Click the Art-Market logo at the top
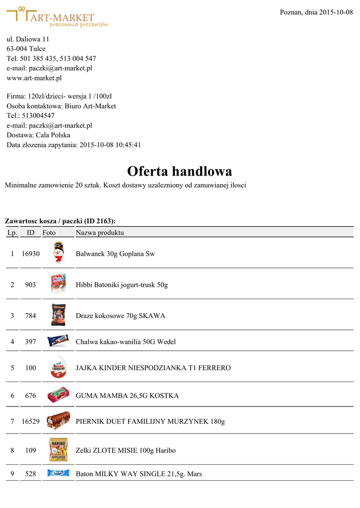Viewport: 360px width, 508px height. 57,17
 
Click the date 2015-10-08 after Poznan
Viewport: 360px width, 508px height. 335,12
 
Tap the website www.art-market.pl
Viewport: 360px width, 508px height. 34,78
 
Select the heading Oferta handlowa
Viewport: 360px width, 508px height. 179,171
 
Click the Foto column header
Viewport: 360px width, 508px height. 49,232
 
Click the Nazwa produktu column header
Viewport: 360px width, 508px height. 100,232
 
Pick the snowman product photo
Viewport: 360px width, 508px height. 58,253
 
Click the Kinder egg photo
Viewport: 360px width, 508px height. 58,368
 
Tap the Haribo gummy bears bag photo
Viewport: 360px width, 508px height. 58,449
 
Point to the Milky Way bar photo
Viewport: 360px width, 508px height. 58,473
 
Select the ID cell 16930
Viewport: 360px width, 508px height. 30,254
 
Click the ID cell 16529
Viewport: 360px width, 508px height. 30,422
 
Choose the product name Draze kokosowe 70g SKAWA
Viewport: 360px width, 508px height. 121,316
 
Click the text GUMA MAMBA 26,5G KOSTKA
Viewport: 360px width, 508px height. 127,396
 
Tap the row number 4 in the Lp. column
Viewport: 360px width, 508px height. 12,342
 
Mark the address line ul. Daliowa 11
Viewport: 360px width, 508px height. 28,39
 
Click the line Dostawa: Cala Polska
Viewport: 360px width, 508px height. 38,135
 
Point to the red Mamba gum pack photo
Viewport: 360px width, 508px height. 58,395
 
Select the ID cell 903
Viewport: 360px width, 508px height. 30,285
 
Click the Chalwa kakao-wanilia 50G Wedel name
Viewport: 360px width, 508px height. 126,342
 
